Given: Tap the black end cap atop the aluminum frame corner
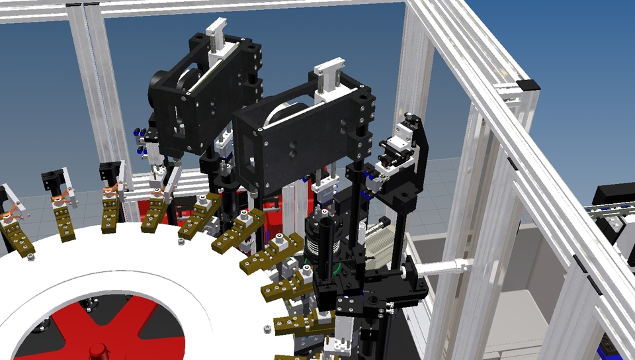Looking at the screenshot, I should [528, 85].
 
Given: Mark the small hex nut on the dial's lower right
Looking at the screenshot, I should [265, 329].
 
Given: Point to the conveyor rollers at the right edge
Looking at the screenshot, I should [606, 212].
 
